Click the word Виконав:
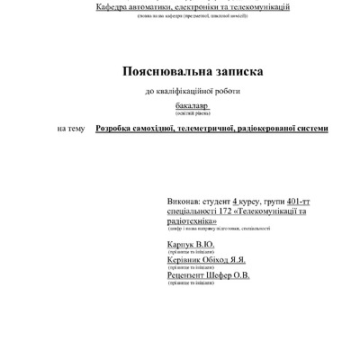[x=185, y=201]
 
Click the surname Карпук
[x=179, y=243]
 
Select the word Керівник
[x=184, y=259]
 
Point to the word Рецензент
[x=187, y=275]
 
